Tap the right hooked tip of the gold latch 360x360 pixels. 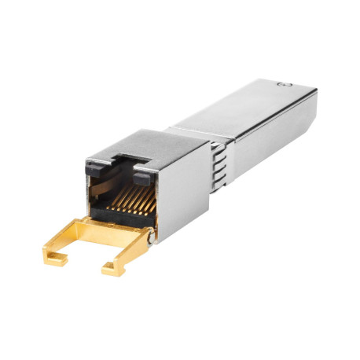(110, 270)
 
